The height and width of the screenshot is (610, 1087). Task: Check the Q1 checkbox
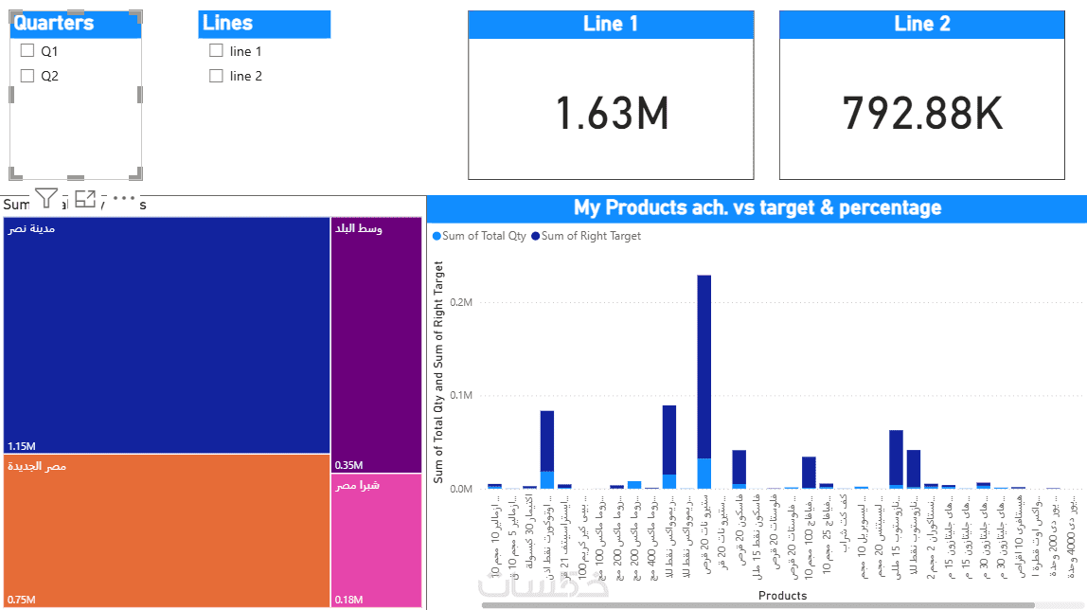pos(27,51)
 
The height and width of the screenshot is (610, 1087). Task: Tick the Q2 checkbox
pos(27,76)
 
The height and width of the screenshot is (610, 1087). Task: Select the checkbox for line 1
pos(217,51)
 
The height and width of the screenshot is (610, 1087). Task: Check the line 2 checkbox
pos(217,76)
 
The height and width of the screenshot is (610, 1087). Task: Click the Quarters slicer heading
pos(54,24)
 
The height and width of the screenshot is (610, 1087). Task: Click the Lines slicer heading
pos(228,24)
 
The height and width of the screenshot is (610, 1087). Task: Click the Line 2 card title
pos(922,25)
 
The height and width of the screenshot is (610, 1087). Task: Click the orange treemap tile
pos(167,530)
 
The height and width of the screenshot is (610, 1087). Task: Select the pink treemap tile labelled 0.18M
pos(376,540)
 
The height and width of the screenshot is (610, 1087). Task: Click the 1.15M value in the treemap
pos(22,446)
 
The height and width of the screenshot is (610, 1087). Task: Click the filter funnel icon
pos(46,198)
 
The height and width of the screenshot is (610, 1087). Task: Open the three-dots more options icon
pos(124,198)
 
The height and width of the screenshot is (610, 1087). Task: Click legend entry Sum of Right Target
pos(586,236)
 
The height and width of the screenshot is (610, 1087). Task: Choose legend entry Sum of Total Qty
pos(480,236)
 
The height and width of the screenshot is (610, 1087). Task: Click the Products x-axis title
pos(782,596)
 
